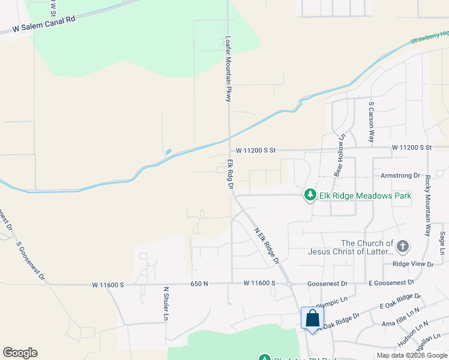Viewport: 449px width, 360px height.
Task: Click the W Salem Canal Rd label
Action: [x=43, y=23]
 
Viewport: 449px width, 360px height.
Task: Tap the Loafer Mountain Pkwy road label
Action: [x=228, y=69]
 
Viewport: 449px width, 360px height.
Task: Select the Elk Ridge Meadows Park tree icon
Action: [x=310, y=195]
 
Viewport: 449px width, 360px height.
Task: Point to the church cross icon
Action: [x=402, y=246]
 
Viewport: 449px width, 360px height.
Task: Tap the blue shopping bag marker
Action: [x=313, y=318]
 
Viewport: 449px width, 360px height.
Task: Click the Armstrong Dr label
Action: [x=401, y=176]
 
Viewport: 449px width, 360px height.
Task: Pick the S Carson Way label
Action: [x=372, y=122]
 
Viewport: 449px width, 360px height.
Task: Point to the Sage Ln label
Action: [x=442, y=244]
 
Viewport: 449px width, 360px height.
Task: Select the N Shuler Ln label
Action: [x=166, y=303]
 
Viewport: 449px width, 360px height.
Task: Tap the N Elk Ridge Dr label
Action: [x=267, y=245]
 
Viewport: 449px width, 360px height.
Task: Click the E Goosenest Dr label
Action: [x=391, y=282]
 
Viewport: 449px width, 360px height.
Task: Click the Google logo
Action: [x=20, y=353]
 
